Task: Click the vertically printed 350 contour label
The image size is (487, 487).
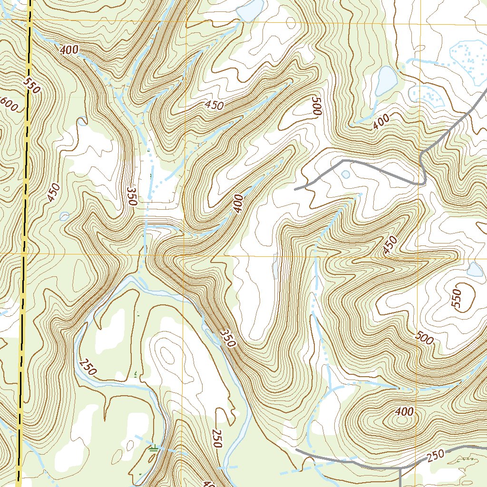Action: click(132, 196)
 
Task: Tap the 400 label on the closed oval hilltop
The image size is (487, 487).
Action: click(404, 411)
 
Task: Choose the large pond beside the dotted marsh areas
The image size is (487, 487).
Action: click(386, 79)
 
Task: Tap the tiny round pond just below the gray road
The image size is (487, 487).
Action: click(345, 175)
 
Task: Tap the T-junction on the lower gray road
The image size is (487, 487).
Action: click(400, 468)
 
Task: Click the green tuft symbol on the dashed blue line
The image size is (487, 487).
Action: click(153, 448)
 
